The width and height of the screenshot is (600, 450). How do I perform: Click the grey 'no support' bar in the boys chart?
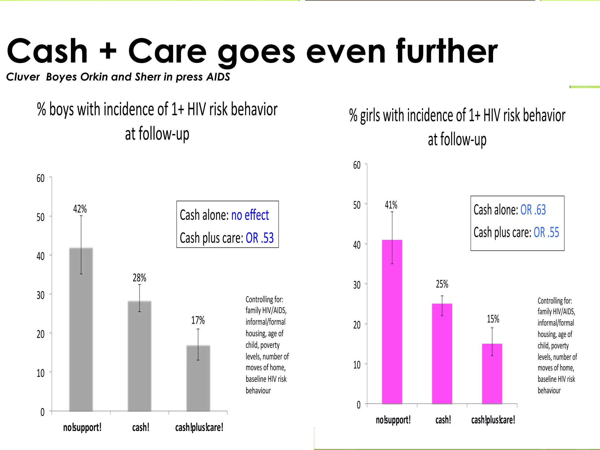(81, 331)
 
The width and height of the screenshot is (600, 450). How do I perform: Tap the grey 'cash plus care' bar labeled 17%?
(198, 381)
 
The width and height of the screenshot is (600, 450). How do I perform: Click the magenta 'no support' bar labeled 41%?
(392, 322)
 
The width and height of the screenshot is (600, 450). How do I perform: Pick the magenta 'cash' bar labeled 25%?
(442, 354)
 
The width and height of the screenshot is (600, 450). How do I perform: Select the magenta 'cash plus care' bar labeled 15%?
(492, 375)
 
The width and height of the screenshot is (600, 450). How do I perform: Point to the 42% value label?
(80, 209)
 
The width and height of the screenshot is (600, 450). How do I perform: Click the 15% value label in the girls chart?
(493, 319)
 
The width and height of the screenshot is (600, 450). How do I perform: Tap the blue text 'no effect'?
(250, 215)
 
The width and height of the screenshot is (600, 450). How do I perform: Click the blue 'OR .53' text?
(260, 238)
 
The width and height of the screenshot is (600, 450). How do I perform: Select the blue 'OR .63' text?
(533, 210)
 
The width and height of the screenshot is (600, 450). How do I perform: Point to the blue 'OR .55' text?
(546, 232)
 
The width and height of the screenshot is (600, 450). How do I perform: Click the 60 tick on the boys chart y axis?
(40, 178)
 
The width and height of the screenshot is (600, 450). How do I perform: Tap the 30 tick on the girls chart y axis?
(357, 285)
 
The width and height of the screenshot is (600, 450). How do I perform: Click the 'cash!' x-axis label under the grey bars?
(141, 427)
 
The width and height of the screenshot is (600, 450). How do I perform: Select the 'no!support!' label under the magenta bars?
(393, 420)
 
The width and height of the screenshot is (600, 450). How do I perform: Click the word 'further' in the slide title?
(447, 51)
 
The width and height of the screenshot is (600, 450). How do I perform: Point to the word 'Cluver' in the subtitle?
(23, 77)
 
